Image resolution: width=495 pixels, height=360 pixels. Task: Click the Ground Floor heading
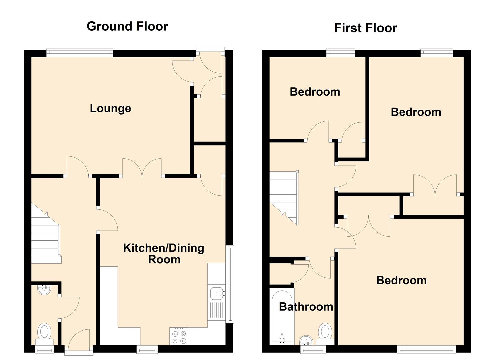[x=127, y=26]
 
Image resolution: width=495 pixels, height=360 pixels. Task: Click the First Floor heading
[x=365, y=28]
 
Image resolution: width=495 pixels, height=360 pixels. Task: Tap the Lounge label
[x=110, y=108]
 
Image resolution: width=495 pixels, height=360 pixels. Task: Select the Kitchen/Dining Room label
[x=164, y=253]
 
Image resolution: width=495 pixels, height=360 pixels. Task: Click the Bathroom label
[x=306, y=307]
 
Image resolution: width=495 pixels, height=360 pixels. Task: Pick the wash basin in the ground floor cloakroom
[x=44, y=290]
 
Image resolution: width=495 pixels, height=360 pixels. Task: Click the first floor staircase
[x=283, y=197]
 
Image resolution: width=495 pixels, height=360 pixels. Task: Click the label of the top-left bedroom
[x=315, y=92]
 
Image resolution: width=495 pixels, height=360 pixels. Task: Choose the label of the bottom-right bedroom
[x=401, y=280]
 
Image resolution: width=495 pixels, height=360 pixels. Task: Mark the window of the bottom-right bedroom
[x=426, y=349]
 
